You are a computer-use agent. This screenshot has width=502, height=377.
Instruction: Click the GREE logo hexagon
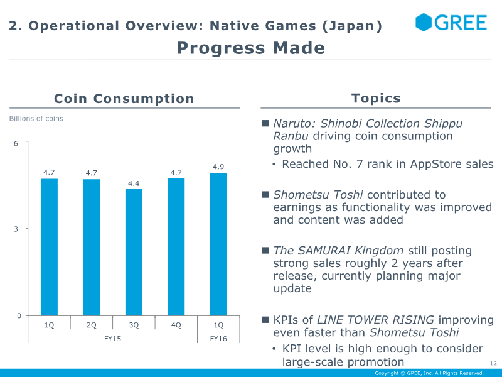coord(423,22)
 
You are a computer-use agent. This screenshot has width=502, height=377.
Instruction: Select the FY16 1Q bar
coord(218,244)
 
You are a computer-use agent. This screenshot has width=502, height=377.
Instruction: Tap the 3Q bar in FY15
coord(134,253)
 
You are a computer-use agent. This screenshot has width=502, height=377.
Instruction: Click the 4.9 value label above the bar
coord(218,167)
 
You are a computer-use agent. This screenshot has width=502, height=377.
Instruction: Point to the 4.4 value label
coord(134,183)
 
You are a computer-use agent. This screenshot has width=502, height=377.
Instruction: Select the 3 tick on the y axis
coord(16,229)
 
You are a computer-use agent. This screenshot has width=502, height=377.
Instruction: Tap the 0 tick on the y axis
coord(19,316)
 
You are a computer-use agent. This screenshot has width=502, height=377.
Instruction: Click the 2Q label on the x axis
coord(91,325)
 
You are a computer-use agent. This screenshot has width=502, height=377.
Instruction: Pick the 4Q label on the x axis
coord(176,325)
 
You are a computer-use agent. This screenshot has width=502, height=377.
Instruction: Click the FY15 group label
coord(112,339)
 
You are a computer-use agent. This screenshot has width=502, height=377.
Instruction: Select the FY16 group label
coord(218,339)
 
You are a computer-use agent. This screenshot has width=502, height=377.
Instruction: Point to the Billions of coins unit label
coord(36,119)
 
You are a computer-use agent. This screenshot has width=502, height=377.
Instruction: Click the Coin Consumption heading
coord(124,99)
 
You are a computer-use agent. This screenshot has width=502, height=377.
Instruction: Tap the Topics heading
coord(376,98)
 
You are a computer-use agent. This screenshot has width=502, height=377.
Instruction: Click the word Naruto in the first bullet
coord(294,123)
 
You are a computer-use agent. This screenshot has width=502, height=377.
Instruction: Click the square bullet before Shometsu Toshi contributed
coord(265,195)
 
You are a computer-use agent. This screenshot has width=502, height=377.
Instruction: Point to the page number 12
coord(493,363)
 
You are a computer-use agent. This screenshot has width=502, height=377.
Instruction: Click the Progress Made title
coord(250,48)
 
